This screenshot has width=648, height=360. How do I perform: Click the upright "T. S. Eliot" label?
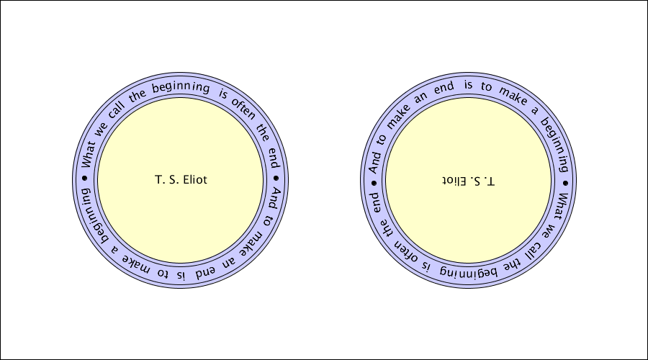(x=181, y=180)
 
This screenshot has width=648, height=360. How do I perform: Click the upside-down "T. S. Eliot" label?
(x=468, y=181)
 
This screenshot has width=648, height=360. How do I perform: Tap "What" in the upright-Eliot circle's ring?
(x=87, y=155)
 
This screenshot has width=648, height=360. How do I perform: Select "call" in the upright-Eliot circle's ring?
(x=116, y=110)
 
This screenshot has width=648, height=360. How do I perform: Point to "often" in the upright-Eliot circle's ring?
(x=243, y=109)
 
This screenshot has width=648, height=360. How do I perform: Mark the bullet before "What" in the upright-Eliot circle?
(x=85, y=178)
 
